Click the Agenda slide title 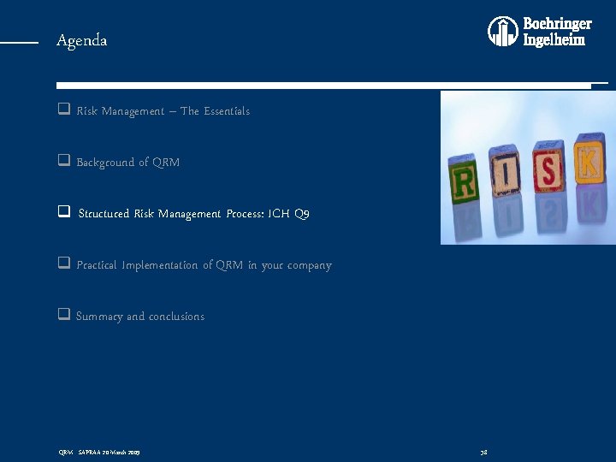82,40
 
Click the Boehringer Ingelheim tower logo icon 503,32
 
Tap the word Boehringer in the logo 557,24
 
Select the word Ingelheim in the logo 554,39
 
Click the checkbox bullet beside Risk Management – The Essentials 63,110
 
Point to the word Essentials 227,111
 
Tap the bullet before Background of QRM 63,162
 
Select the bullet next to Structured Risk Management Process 63,213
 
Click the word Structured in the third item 104,214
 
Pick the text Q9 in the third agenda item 301,214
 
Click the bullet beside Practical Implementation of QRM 63,264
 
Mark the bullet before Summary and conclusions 63,316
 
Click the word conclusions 176,317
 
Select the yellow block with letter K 588,159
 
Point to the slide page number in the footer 484,451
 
